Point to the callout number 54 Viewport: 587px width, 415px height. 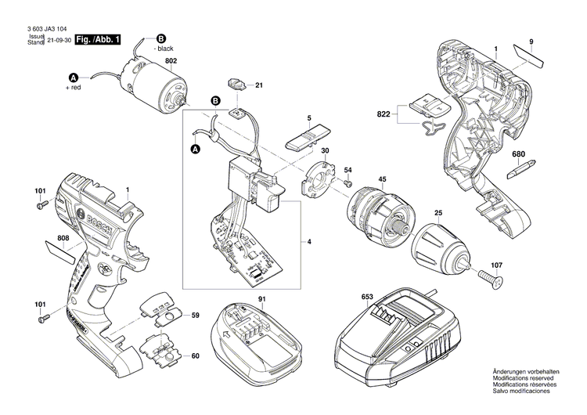348,170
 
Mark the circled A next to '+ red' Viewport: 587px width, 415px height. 74,77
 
